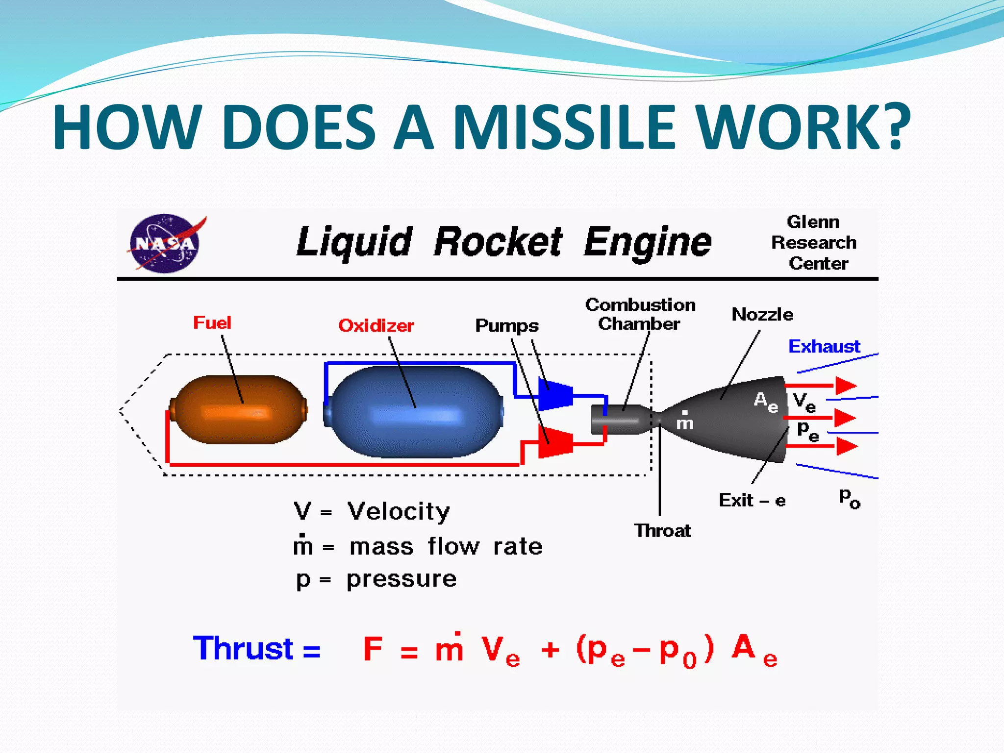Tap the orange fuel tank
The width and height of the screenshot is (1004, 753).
coord(239,410)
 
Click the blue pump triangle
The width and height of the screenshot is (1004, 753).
coord(555,394)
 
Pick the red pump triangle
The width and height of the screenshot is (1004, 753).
coord(555,442)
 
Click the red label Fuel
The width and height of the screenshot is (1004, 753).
coord(212,323)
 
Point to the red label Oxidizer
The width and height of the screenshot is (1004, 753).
coord(376,326)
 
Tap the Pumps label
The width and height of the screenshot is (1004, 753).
coord(506,326)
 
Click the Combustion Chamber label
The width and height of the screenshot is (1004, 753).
coord(640,314)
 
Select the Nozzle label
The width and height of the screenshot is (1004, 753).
coord(762,314)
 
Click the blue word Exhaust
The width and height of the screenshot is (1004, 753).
coord(824,347)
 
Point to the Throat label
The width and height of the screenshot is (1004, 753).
coord(662,530)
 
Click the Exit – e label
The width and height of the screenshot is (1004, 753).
coord(752,501)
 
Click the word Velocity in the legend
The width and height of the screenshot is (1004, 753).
coord(399,511)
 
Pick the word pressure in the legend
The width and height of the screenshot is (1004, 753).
coord(402,579)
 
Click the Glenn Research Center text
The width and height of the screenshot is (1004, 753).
coord(814,243)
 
